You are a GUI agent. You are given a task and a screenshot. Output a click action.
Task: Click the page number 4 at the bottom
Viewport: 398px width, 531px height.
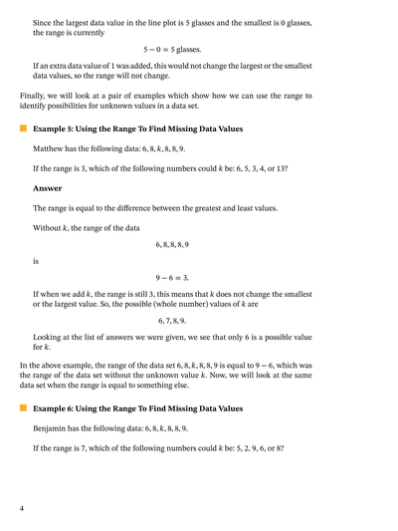22,509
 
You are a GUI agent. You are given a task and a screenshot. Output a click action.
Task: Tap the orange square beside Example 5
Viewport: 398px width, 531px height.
22,129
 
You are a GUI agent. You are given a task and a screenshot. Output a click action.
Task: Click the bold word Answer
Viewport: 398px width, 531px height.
47,187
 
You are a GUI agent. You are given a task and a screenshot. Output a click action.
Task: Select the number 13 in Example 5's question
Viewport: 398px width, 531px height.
282,167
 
